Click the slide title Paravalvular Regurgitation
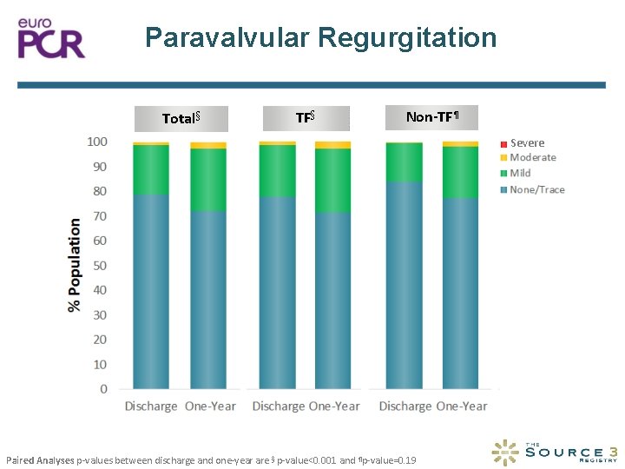(320, 37)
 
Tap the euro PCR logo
(52, 36)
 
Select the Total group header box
(181, 118)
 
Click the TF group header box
(305, 117)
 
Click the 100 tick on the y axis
(97, 142)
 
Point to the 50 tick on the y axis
(100, 265)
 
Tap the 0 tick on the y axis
(103, 389)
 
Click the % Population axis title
(75, 265)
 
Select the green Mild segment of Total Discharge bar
(151, 169)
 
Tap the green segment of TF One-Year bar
(332, 181)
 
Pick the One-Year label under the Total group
(210, 406)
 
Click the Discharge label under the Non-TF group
(405, 406)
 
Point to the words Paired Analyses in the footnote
(40, 459)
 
